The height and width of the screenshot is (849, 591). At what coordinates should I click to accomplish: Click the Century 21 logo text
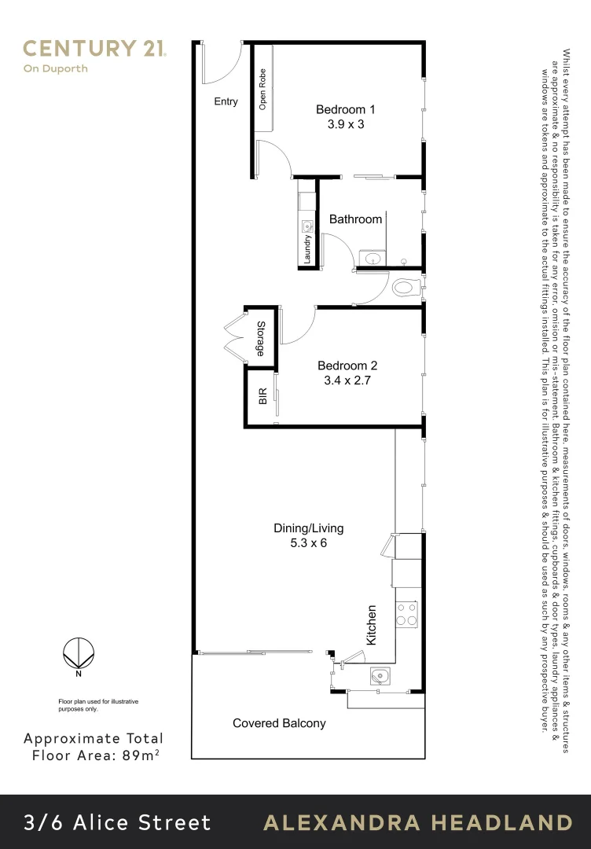(94, 49)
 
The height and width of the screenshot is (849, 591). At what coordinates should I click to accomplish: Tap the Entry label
(226, 101)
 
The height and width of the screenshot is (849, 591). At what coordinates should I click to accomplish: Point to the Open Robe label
(262, 90)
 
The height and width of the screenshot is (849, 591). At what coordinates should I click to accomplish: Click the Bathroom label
(355, 219)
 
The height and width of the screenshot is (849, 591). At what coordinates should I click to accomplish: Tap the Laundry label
(307, 250)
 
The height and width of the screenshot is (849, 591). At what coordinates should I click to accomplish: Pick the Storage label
(260, 338)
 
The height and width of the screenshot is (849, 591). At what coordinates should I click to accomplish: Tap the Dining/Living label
(308, 528)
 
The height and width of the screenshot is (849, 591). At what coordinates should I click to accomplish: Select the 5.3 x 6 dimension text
(308, 543)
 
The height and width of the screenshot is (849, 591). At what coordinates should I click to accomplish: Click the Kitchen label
(372, 625)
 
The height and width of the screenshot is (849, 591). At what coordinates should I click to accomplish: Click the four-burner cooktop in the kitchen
(406, 613)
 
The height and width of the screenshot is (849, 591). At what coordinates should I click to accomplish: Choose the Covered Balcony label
(279, 723)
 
